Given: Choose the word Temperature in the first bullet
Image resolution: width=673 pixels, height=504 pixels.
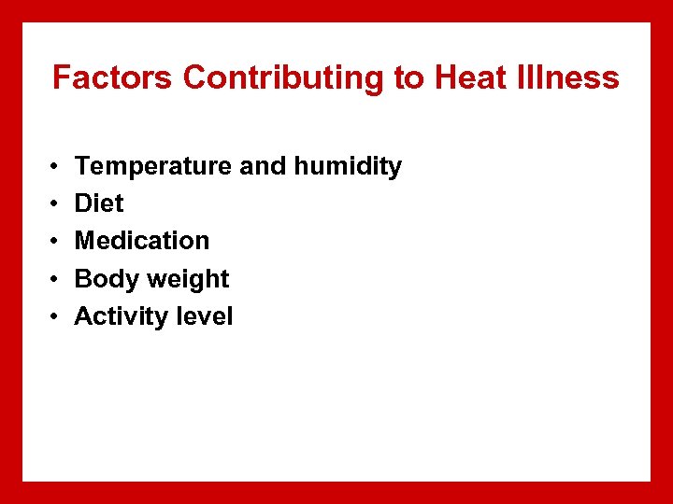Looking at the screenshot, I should pos(153,167).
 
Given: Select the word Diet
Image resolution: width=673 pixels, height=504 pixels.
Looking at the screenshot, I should pos(99,203).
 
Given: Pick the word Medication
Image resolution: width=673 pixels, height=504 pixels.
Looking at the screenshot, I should pos(142,241).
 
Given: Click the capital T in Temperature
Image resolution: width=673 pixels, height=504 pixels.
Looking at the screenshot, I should pos(82,166).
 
